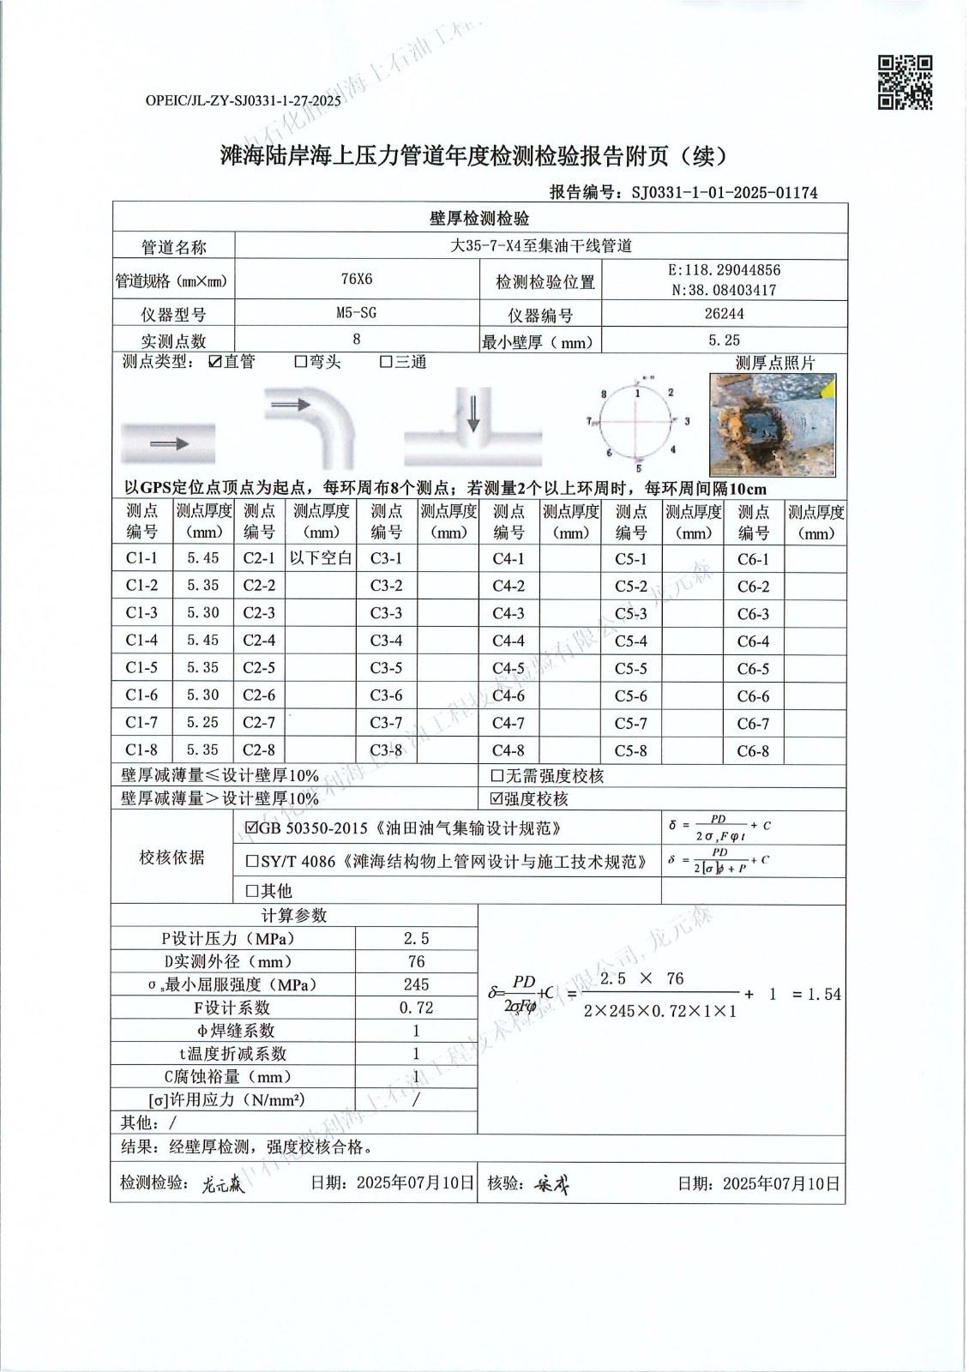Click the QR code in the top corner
[905, 83]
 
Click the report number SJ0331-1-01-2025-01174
[724, 193]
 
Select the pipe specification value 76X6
[357, 280]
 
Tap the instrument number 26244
[724, 314]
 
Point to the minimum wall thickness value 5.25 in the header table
[724, 340]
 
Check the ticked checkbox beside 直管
[215, 362]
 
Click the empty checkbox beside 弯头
[300, 362]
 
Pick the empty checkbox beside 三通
[386, 362]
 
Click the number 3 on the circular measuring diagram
[687, 421]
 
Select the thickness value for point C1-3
[202, 613]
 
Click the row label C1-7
[141, 723]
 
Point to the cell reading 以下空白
[321, 558]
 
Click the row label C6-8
[753, 751]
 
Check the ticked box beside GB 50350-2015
[250, 828]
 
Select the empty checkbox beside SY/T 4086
[251, 861]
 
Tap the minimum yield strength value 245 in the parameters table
[416, 985]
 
